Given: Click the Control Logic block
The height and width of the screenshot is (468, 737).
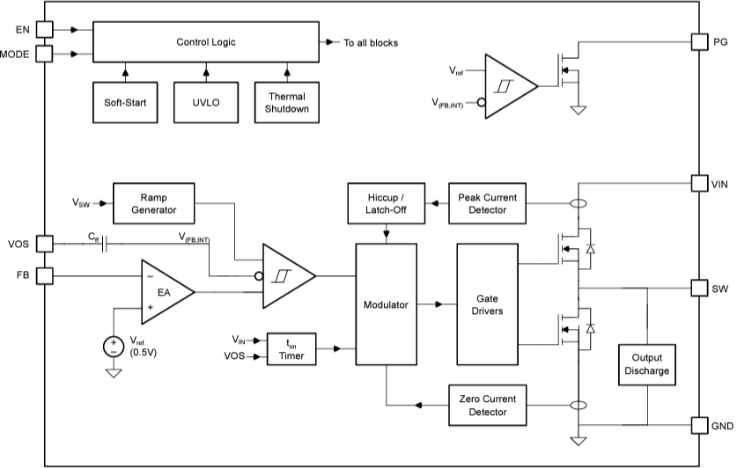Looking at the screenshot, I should coord(205,42).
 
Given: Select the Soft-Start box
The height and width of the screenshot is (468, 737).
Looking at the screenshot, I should coord(125,102).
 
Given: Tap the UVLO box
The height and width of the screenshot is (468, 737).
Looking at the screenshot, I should coord(206,102).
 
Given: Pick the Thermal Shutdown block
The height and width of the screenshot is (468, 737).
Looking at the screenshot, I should coord(286,102).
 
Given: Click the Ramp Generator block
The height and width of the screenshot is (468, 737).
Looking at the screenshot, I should coord(153,203).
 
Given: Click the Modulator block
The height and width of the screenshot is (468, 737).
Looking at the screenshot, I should coord(386,304).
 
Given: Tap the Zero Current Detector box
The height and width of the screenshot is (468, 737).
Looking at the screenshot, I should coord(489,406).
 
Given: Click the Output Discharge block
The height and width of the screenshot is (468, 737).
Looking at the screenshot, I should coord(647,365).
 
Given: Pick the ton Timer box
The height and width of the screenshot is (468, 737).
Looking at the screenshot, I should coord(291,349).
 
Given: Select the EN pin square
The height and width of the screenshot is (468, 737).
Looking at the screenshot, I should coord(44,29).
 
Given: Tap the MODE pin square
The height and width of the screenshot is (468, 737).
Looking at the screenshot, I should coord(44,55).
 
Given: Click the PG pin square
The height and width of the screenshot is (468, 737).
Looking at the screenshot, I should coord(699,41).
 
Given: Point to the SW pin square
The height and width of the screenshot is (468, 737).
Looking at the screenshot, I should coord(699,288).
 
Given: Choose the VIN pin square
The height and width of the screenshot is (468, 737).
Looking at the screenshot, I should coord(699,184).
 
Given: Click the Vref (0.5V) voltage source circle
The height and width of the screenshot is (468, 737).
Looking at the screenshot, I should coord(114,346).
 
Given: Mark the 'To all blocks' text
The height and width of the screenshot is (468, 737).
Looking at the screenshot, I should coord(371,42).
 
